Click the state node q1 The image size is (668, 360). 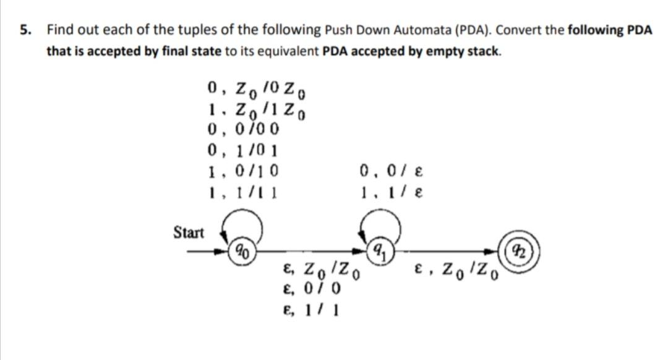[x=377, y=251]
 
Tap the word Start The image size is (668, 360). [x=189, y=233]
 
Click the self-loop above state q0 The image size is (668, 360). [x=242, y=226]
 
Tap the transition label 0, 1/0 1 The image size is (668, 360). [x=244, y=150]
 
